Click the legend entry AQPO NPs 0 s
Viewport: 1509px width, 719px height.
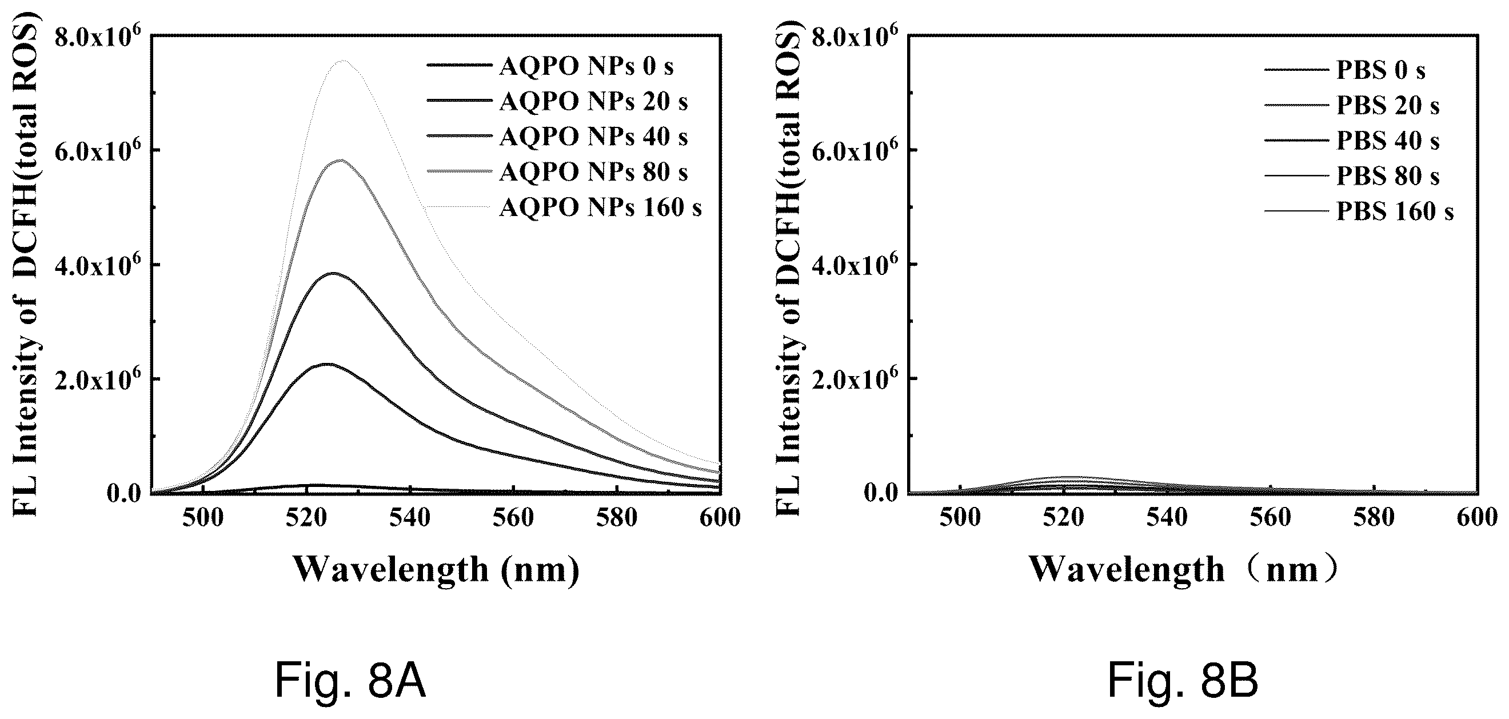pos(550,66)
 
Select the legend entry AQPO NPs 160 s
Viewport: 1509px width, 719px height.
pos(564,207)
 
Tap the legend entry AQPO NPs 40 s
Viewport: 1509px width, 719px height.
pos(557,137)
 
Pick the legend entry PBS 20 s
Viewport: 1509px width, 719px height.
pos(1351,105)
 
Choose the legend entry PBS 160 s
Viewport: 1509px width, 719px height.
pos(1359,211)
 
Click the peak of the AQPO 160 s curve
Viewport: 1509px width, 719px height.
pos(344,61)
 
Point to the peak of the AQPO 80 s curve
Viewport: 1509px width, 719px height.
pos(340,160)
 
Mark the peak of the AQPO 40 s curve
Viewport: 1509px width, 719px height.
pos(334,273)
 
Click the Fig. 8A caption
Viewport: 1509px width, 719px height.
pos(350,681)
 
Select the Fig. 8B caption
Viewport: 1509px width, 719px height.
pos(1183,681)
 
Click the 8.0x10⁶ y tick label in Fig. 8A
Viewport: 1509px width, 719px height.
pos(98,37)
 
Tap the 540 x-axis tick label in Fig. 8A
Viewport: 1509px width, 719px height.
pos(410,518)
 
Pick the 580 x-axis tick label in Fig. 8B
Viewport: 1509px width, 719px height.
pos(1374,518)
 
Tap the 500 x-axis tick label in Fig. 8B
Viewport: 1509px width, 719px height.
pos(960,518)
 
